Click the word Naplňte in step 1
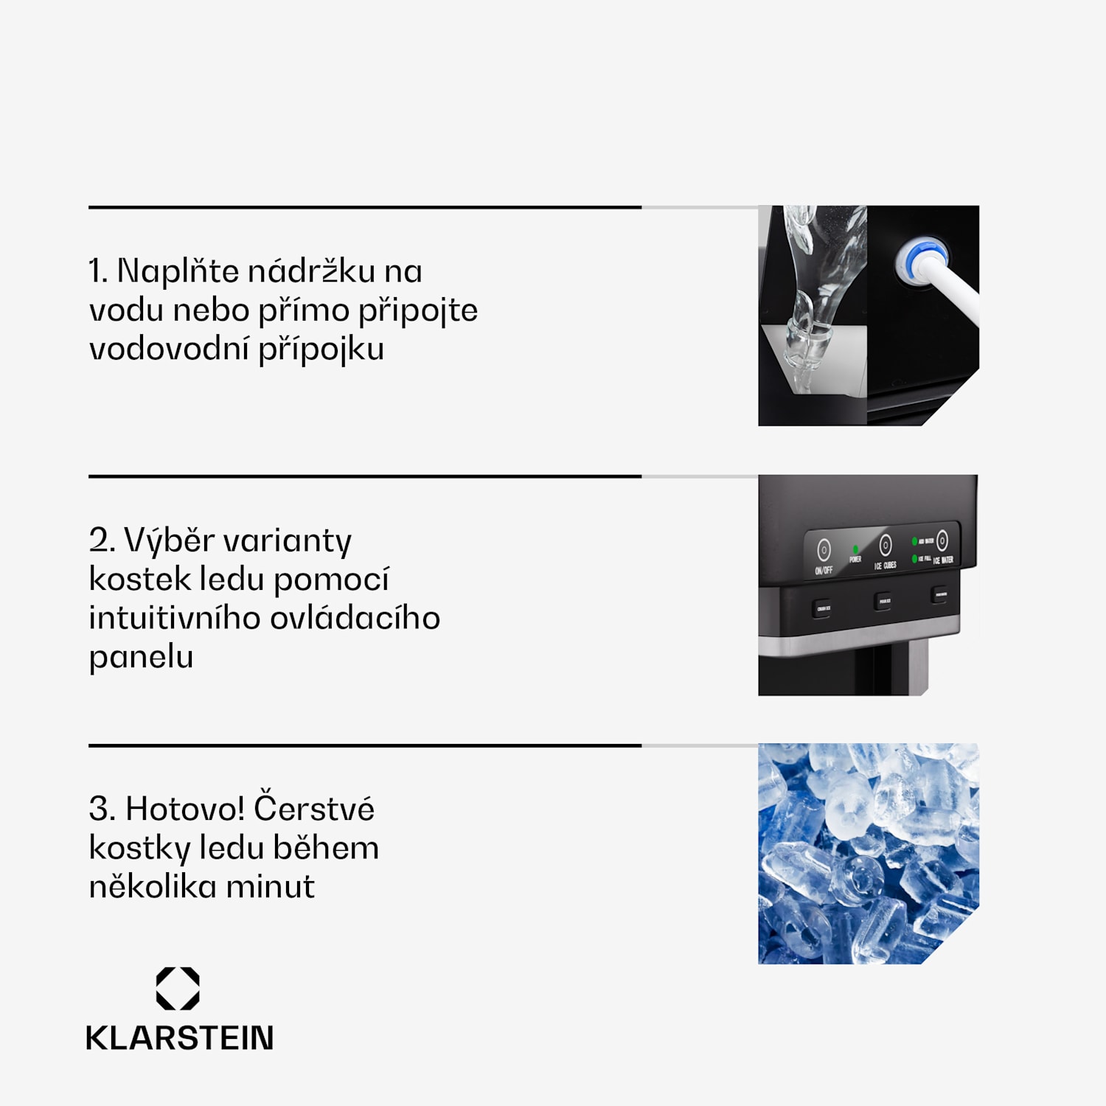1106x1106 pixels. [178, 271]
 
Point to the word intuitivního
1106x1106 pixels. [174, 618]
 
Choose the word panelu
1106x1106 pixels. [141, 656]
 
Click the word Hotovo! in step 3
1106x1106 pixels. [184, 809]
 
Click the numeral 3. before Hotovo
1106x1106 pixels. [102, 809]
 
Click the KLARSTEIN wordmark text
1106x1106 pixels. [180, 1038]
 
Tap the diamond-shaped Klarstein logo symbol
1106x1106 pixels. [178, 988]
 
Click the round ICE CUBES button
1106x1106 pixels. [886, 545]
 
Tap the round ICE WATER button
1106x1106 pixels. [942, 540]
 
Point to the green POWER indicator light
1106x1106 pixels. [855, 549]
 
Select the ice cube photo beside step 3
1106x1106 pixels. [868, 853]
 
